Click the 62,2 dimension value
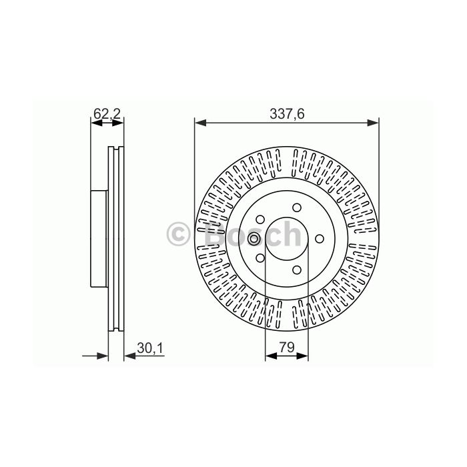pyautogui.click(x=107, y=114)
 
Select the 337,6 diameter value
pyautogui.click(x=287, y=114)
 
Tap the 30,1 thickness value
pyautogui.click(x=150, y=348)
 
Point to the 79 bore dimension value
pyautogui.click(x=286, y=347)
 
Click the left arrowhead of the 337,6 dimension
pyautogui.click(x=200, y=123)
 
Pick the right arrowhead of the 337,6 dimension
pyautogui.click(x=373, y=123)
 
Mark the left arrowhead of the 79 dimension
pyautogui.click(x=271, y=356)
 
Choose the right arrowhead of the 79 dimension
pyautogui.click(x=302, y=356)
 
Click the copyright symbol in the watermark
pyautogui.click(x=178, y=234)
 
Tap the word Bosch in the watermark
pyautogui.click(x=253, y=234)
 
